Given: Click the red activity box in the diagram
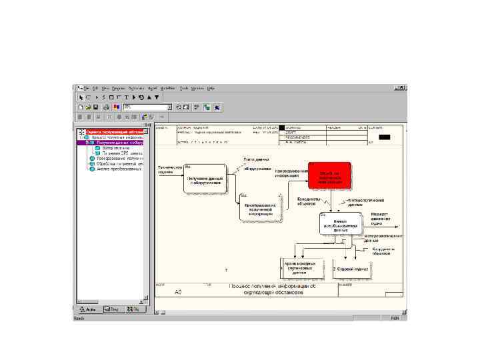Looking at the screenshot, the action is pyautogui.click(x=329, y=175).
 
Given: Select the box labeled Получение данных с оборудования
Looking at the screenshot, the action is pyautogui.click(x=205, y=179).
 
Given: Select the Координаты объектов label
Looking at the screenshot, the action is pyautogui.click(x=309, y=201).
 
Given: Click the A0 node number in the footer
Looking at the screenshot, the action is pyautogui.click(x=178, y=292).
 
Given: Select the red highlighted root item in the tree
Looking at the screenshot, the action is pyautogui.click(x=114, y=132).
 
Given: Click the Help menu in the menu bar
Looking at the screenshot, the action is pyautogui.click(x=211, y=88).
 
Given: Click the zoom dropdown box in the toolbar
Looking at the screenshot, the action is pyautogui.click(x=147, y=107).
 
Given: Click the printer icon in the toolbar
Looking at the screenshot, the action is pyautogui.click(x=105, y=107).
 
